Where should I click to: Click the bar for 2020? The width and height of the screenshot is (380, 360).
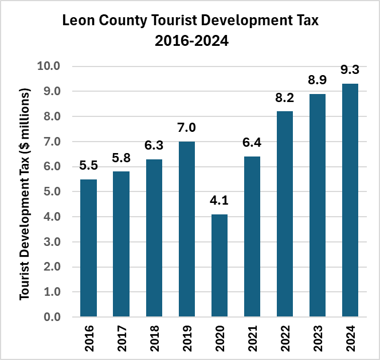[x=220, y=265]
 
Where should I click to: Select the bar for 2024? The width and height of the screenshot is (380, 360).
[x=350, y=200]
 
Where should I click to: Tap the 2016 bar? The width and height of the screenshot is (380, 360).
[x=88, y=248]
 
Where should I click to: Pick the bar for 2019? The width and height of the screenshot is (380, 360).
[x=187, y=229]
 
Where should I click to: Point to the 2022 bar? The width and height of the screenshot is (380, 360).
[x=285, y=214]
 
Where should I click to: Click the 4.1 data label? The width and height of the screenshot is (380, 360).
[x=219, y=201]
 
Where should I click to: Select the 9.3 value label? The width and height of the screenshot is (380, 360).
[x=350, y=69]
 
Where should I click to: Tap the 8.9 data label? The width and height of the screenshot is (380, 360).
[x=317, y=80]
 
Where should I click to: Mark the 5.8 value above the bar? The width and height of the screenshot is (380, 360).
[x=121, y=158]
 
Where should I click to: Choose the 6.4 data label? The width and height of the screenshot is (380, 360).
[x=252, y=142]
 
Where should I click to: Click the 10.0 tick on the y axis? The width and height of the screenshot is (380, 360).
[x=49, y=66]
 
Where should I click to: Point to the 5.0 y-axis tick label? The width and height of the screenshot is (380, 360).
[x=52, y=191]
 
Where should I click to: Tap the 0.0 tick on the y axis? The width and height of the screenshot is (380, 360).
[x=52, y=317]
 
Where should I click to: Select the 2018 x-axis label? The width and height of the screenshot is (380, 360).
[x=154, y=338]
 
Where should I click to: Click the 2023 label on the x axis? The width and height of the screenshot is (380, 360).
[x=318, y=338]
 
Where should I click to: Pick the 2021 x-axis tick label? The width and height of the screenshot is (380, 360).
[x=252, y=338]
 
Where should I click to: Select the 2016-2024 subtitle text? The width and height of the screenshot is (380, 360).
[x=191, y=41]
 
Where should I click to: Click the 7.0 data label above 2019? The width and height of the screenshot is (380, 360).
[x=186, y=128]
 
